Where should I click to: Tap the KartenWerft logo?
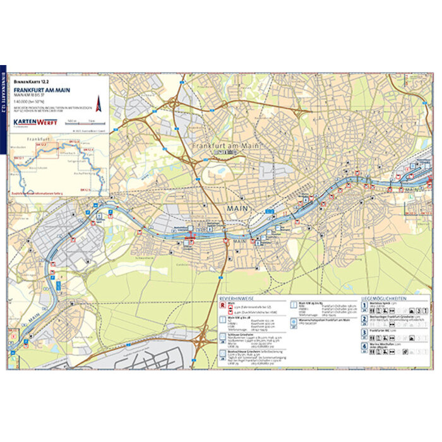coord(35,121)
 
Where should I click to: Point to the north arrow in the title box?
coord(98,102)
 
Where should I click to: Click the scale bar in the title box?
coord(82,121)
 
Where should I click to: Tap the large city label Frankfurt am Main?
coord(224,146)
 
